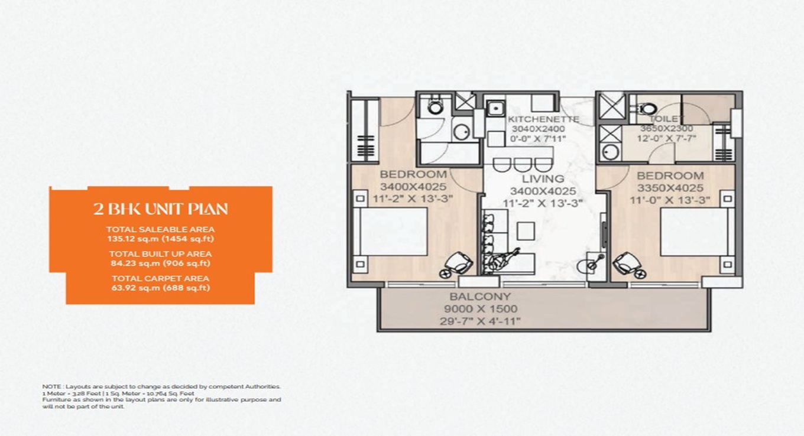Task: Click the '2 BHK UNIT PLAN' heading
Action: coord(160,209)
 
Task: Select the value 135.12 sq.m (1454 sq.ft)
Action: coord(160,239)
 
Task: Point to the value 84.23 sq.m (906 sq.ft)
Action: coord(160,263)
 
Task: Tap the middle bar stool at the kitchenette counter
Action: coord(521,164)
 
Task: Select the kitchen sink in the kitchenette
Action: coord(494,108)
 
